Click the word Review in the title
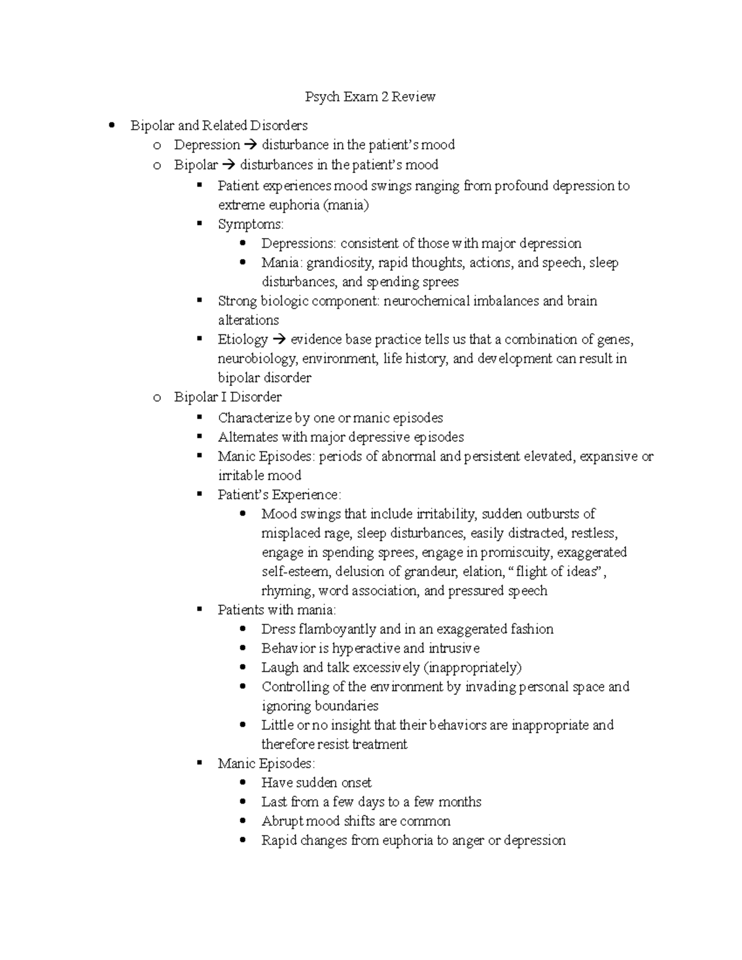point(413,96)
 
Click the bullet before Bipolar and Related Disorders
point(112,125)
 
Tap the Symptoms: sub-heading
point(250,224)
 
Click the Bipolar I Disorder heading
point(228,397)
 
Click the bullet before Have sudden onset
point(244,783)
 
